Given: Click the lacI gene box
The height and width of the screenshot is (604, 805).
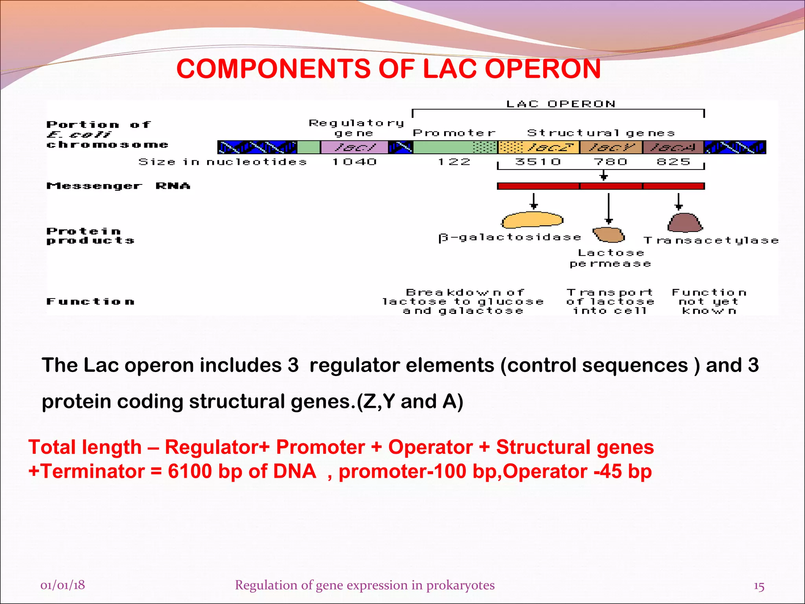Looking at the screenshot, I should click(x=354, y=147).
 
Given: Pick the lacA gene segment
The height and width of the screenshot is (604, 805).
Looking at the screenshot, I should click(x=673, y=147).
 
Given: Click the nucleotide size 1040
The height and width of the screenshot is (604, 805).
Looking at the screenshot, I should click(x=354, y=162).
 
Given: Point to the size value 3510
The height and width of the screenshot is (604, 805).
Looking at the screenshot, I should click(x=538, y=162).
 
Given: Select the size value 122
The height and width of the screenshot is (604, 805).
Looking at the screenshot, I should click(x=454, y=162).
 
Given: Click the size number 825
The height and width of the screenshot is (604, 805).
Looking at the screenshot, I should click(x=673, y=162).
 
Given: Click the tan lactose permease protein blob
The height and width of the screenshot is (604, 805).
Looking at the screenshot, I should click(x=608, y=235).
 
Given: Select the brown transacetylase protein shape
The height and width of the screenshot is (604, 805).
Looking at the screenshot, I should click(x=685, y=223).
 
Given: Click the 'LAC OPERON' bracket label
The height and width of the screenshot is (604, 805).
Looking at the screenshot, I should click(x=561, y=104).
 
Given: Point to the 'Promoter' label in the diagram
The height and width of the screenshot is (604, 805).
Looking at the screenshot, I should click(x=454, y=133).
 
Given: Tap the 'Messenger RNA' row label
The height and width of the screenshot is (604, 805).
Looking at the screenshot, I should click(x=118, y=186).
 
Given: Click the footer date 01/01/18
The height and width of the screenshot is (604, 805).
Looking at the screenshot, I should click(x=62, y=585).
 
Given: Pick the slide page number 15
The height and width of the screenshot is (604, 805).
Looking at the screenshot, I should click(x=759, y=586).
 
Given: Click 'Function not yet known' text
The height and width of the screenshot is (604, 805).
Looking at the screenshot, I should click(x=709, y=302).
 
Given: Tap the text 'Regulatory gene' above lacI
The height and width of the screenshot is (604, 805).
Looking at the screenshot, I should click(x=356, y=128).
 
